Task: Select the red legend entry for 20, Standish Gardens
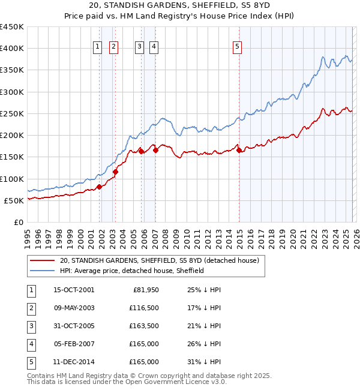pos(159,260)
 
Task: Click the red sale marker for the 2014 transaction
pos(239,151)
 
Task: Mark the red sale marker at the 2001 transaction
pos(100,187)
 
